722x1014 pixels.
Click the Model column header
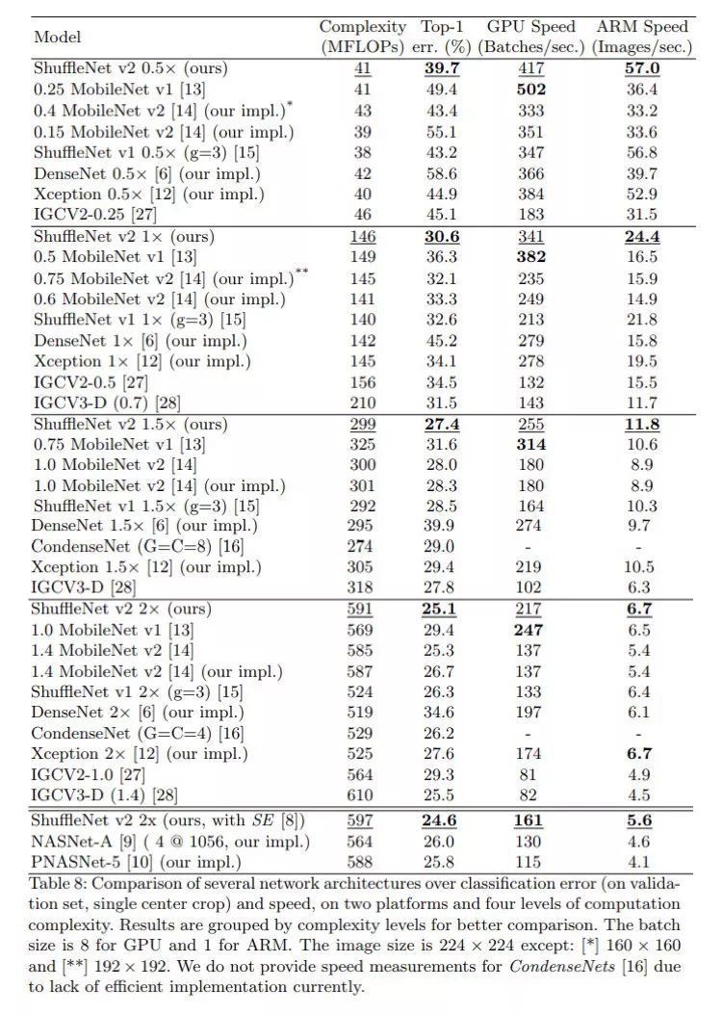(57, 37)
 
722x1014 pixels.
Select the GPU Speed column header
(530, 37)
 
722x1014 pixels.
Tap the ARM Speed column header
(643, 37)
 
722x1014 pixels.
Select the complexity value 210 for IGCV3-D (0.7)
(363, 402)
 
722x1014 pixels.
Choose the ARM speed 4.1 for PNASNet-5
(643, 862)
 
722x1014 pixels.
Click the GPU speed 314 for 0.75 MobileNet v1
(530, 444)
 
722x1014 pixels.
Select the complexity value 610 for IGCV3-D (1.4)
(363, 795)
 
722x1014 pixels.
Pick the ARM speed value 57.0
(643, 69)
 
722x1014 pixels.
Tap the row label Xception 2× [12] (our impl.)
(141, 754)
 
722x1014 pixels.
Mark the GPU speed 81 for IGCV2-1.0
(530, 774)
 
